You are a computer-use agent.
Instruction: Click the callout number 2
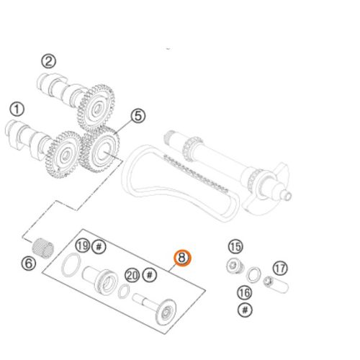(x=49, y=61)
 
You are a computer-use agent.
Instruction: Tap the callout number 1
(x=17, y=109)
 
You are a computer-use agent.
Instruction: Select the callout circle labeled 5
(x=138, y=116)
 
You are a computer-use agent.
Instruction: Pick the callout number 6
(x=29, y=264)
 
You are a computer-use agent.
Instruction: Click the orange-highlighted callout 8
(x=182, y=258)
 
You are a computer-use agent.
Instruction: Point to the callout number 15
(x=235, y=246)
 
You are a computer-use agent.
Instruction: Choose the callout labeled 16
(x=245, y=293)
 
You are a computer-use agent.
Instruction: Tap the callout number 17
(x=280, y=269)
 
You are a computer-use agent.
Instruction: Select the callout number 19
(x=83, y=246)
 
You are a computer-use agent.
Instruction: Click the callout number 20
(x=132, y=275)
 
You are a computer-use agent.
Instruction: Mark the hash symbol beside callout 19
(x=99, y=246)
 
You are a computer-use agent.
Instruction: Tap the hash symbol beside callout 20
(x=150, y=275)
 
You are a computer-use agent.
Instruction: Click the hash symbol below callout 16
(x=245, y=310)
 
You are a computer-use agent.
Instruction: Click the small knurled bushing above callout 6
(x=42, y=248)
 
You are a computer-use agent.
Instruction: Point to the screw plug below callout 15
(x=235, y=266)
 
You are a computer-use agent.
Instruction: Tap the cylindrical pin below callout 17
(x=276, y=284)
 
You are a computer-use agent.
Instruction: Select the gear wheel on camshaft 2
(x=96, y=108)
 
